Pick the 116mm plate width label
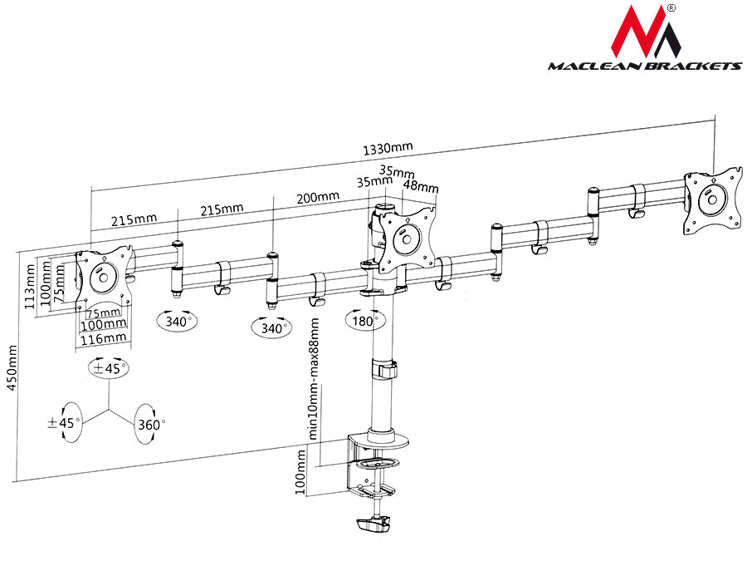point(104,337)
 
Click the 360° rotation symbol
point(149,423)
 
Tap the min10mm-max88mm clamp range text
point(314,378)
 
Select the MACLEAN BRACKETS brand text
point(644,66)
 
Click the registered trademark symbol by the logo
point(671,9)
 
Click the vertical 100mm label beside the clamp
point(300,473)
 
